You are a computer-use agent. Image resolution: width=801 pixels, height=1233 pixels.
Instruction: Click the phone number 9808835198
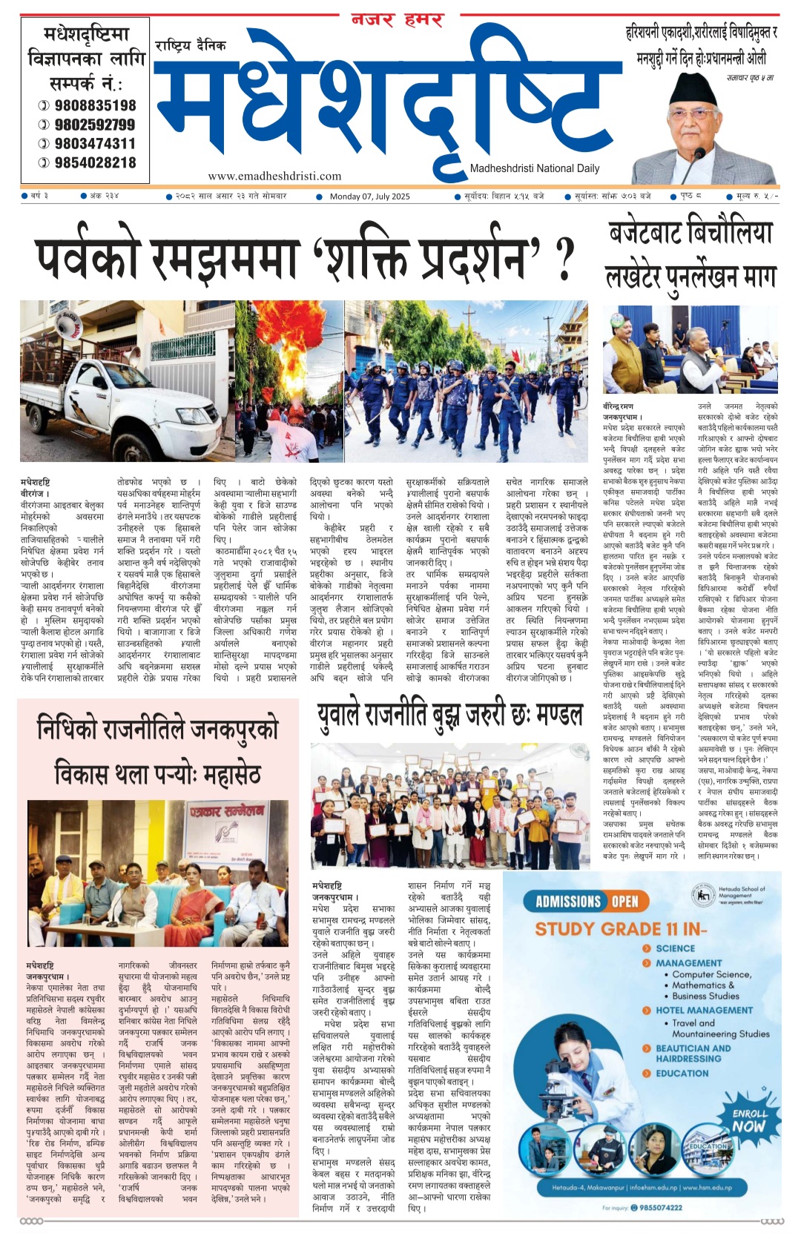coord(95,105)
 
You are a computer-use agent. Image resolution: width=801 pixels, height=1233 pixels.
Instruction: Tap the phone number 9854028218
coord(95,162)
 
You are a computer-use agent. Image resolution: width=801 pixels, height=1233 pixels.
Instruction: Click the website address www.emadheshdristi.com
coord(274,176)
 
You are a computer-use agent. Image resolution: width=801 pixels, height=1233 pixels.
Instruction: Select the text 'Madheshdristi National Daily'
coord(535,168)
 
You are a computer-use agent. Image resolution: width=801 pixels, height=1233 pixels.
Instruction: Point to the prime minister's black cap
coord(689,90)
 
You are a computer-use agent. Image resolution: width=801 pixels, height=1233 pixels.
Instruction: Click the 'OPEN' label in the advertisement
coord(624,902)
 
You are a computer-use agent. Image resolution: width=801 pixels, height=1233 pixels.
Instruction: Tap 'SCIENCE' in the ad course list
coord(675,948)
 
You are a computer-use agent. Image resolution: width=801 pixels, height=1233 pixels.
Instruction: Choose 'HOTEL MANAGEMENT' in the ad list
coord(704,1010)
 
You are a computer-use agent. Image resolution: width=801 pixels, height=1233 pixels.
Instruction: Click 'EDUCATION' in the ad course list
coord(682,1073)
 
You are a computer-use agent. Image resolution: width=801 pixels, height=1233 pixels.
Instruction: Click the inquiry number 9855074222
coord(660,1208)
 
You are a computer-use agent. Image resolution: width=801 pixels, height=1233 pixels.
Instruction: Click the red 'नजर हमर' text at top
coord(397,20)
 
